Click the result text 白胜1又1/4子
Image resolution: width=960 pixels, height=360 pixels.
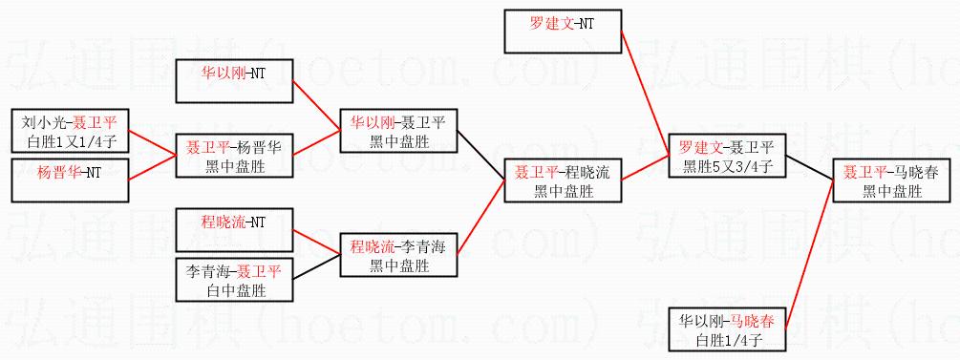71,141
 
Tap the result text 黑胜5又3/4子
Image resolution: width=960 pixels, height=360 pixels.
727,166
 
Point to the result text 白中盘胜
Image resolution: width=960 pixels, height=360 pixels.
234,290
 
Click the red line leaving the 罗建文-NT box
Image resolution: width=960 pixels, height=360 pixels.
645,93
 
